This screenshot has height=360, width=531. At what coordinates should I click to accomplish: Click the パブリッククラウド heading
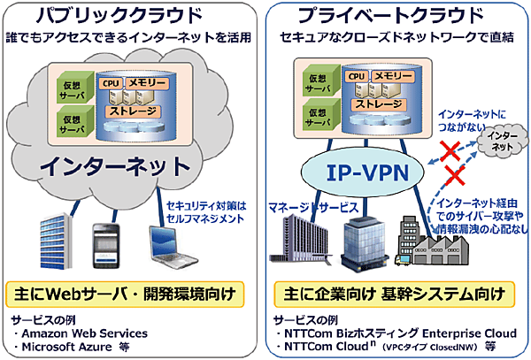[131, 17]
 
